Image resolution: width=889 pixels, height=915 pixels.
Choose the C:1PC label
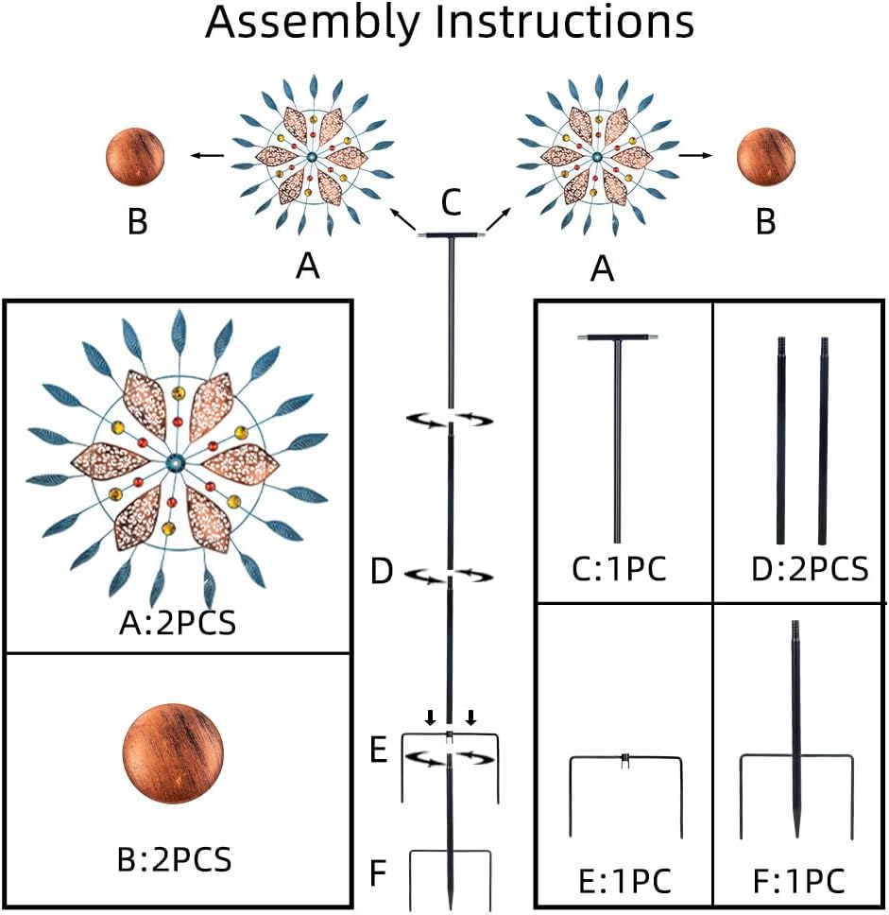(x=621, y=570)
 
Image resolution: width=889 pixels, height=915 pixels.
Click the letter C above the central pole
(x=452, y=201)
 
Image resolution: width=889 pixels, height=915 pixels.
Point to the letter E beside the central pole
(x=378, y=751)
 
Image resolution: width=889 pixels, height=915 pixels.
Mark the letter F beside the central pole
(x=378, y=872)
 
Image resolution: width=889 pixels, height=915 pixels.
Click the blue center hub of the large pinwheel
(x=177, y=462)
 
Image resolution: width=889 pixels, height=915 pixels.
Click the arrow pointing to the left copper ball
(x=211, y=155)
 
